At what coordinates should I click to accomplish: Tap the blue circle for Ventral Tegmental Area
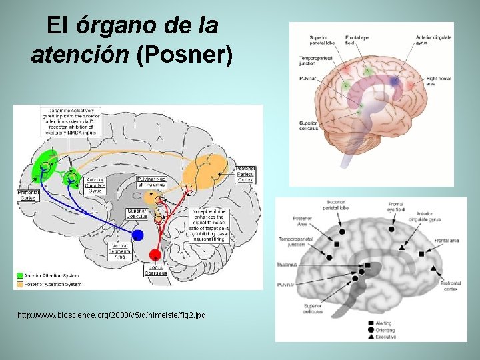pyautogui.click(x=137, y=235)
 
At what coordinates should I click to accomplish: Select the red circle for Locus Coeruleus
pyautogui.click(x=155, y=254)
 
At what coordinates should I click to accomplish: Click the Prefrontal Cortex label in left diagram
pyautogui.click(x=28, y=194)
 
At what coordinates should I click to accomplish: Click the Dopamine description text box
pyautogui.click(x=71, y=123)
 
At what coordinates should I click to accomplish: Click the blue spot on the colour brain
pyautogui.click(x=395, y=81)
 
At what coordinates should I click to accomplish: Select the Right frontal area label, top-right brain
pyautogui.click(x=440, y=81)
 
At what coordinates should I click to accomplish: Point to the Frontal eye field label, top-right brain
pyautogui.click(x=358, y=39)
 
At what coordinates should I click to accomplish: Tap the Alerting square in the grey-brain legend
pyautogui.click(x=370, y=323)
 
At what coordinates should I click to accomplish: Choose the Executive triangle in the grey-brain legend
pyautogui.click(x=370, y=337)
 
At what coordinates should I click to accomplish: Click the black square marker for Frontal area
pyautogui.click(x=422, y=254)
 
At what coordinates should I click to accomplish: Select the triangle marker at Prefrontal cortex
pyautogui.click(x=433, y=267)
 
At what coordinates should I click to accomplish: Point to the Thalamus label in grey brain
pyautogui.click(x=287, y=265)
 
